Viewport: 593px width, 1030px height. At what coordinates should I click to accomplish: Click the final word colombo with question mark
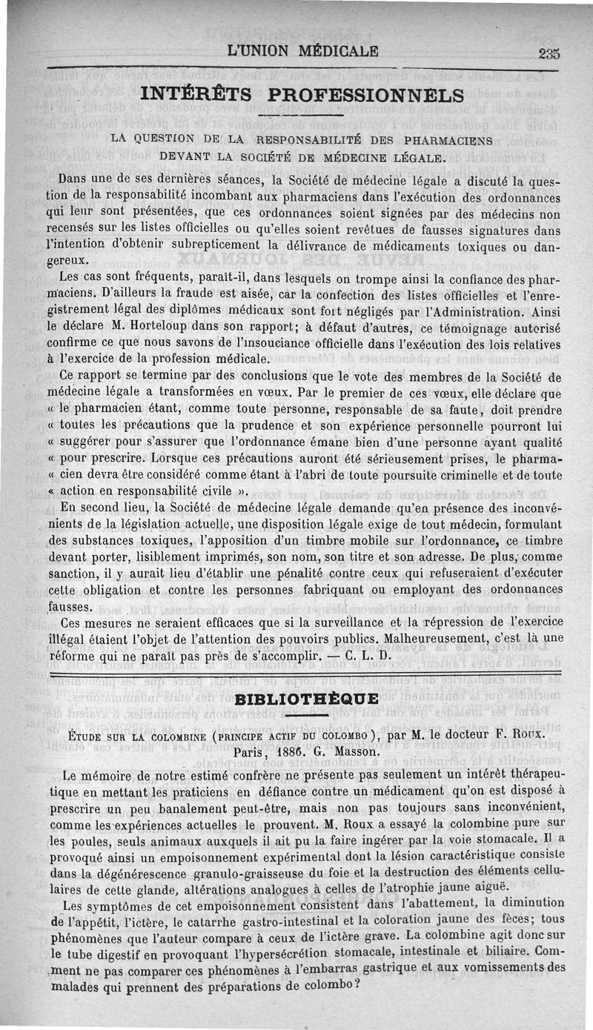331,986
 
